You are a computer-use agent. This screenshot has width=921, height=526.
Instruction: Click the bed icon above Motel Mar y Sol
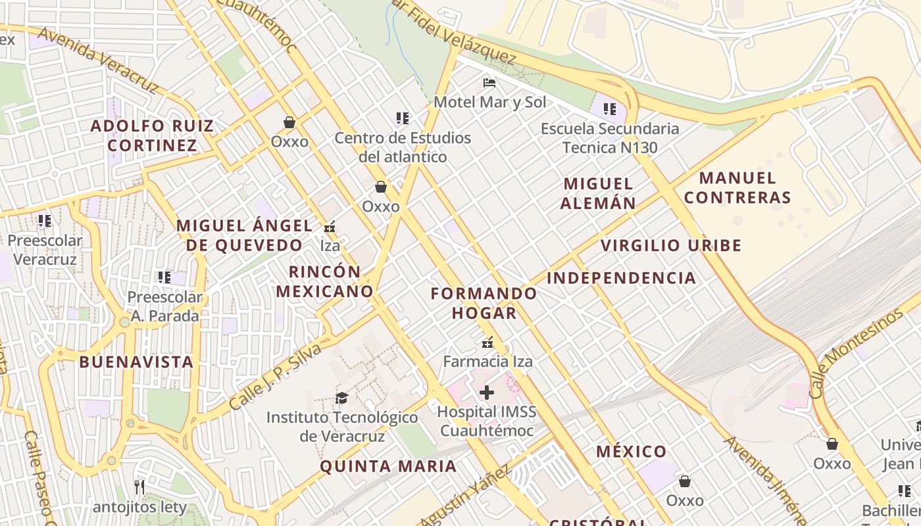[x=489, y=83]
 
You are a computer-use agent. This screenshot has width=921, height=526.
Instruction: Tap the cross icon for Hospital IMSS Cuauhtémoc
[x=487, y=393]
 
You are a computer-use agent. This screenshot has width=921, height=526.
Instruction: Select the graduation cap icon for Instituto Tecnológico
[x=341, y=398]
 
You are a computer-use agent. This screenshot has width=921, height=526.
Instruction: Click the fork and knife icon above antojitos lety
[x=139, y=487]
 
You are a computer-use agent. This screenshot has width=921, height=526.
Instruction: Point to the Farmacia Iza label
[x=487, y=361]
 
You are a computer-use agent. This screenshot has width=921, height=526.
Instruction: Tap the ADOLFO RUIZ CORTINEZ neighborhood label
[x=152, y=135]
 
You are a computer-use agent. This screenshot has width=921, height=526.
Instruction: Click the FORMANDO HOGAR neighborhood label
[x=484, y=303]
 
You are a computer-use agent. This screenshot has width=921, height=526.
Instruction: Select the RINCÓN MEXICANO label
[x=324, y=281]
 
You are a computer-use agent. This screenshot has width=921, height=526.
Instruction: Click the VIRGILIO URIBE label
[x=671, y=246]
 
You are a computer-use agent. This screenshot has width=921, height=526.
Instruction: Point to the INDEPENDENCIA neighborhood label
[x=621, y=277]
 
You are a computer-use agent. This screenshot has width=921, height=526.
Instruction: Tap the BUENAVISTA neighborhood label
[x=136, y=362]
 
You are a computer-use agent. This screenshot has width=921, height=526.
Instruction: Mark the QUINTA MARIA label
[x=387, y=466]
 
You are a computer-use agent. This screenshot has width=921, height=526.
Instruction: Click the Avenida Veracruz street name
[x=98, y=60]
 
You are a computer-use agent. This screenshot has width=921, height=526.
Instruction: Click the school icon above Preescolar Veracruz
[x=45, y=221]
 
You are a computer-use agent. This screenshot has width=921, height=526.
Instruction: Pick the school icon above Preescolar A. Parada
[x=164, y=277]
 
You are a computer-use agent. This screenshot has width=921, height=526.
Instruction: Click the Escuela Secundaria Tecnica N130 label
[x=609, y=137]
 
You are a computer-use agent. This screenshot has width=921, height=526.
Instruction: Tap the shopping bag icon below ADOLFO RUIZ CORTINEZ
[x=289, y=122]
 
